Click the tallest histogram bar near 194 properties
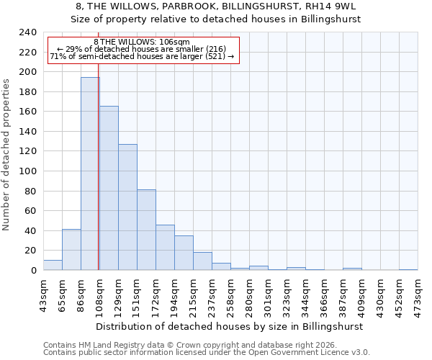point(90,174)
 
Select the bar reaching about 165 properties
point(109,188)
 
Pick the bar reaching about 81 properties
point(146,230)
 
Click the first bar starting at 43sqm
point(53,265)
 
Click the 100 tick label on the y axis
point(27,171)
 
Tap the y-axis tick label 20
point(30,251)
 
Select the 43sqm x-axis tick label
point(43,294)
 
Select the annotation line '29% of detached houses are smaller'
point(142,49)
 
